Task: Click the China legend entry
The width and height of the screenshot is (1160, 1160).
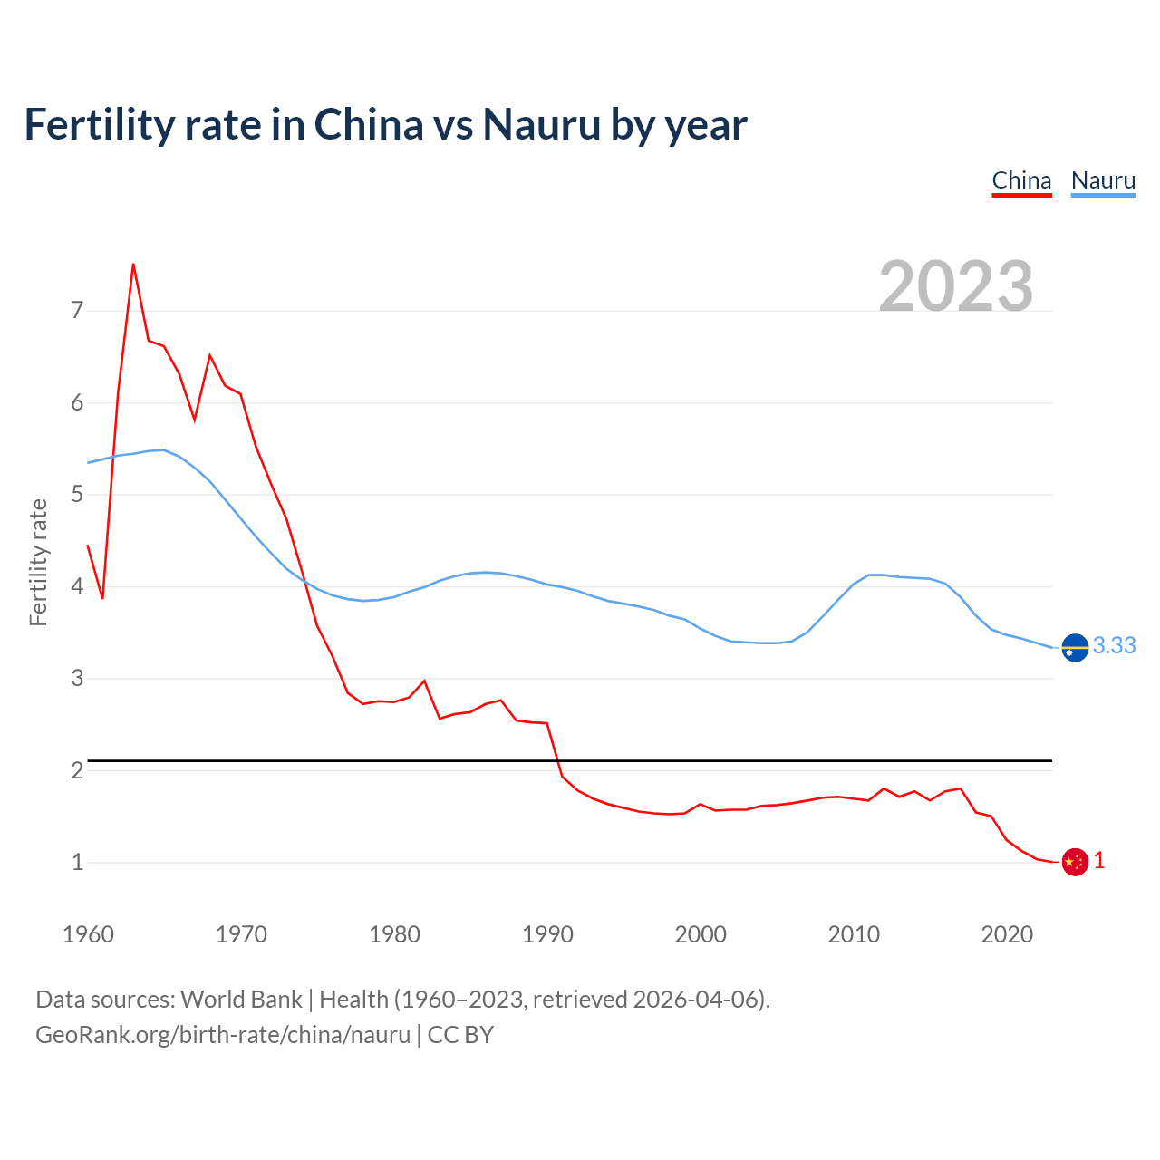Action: pyautogui.click(x=1021, y=180)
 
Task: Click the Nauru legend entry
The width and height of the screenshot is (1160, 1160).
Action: pyautogui.click(x=1103, y=180)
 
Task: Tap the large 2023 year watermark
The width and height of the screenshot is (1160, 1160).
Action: pyautogui.click(x=956, y=285)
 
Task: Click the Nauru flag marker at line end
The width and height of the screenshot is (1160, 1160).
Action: pyautogui.click(x=1075, y=648)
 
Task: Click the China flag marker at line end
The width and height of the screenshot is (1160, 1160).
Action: pyautogui.click(x=1075, y=862)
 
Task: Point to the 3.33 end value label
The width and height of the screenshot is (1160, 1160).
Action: pyautogui.click(x=1114, y=645)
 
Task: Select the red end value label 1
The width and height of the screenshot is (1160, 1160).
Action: pyautogui.click(x=1099, y=861)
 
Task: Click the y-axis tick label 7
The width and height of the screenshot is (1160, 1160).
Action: pyautogui.click(x=77, y=311)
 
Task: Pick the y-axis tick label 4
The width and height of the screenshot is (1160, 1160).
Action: pyautogui.click(x=77, y=586)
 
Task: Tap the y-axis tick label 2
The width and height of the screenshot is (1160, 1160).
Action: pyautogui.click(x=77, y=770)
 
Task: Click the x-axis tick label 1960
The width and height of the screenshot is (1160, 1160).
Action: pyautogui.click(x=88, y=934)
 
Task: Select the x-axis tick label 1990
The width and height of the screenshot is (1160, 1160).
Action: pyautogui.click(x=547, y=934)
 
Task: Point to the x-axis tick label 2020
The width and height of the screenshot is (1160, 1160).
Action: pyautogui.click(x=1007, y=934)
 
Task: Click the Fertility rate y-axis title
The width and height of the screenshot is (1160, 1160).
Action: pyautogui.click(x=38, y=562)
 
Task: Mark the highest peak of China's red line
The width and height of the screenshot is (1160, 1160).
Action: pyautogui.click(x=133, y=265)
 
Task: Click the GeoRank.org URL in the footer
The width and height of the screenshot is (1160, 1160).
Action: pyautogui.click(x=223, y=1035)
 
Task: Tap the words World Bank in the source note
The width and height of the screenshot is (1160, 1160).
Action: pyautogui.click(x=241, y=1000)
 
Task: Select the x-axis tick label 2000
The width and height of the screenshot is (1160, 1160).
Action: pyautogui.click(x=701, y=934)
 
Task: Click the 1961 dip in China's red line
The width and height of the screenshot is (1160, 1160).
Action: pyautogui.click(x=102, y=598)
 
